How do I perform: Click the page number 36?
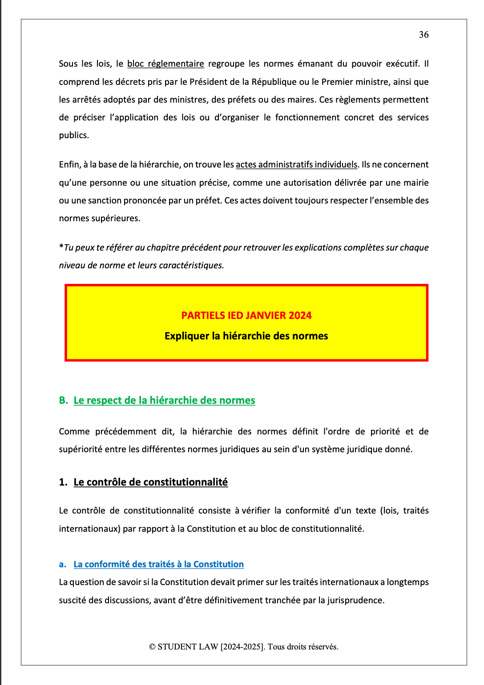pyautogui.click(x=423, y=35)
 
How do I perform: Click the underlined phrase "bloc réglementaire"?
pyautogui.click(x=165, y=64)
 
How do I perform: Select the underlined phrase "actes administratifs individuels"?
pyautogui.click(x=296, y=165)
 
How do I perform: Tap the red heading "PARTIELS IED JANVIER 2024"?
pyautogui.click(x=246, y=315)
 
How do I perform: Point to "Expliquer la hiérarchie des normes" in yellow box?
pyautogui.click(x=246, y=336)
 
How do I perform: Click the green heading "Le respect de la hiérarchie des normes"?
pyautogui.click(x=164, y=400)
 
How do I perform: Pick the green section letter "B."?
pyautogui.click(x=64, y=400)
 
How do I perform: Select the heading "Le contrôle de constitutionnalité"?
pyautogui.click(x=150, y=482)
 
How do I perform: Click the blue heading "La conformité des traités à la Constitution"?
pyautogui.click(x=158, y=564)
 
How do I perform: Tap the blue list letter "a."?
pyautogui.click(x=63, y=564)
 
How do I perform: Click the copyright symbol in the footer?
pyautogui.click(x=152, y=647)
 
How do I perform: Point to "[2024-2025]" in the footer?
pyautogui.click(x=242, y=647)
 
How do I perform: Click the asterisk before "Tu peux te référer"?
pyautogui.click(x=61, y=247)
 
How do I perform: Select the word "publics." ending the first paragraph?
pyautogui.click(x=74, y=135)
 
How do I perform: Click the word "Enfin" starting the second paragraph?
pyautogui.click(x=69, y=165)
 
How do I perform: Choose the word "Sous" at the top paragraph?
pyautogui.click(x=68, y=64)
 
